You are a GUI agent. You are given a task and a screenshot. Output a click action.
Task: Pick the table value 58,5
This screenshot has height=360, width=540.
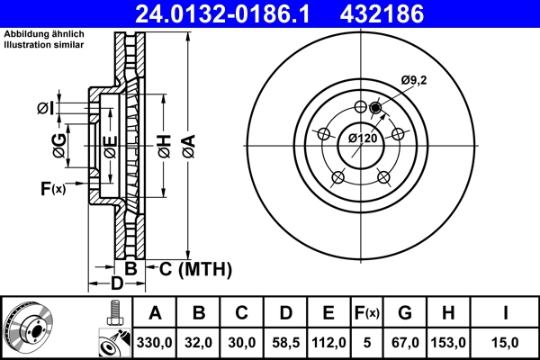point(285,341)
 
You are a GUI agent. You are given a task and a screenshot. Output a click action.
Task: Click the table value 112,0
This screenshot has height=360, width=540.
point(328,341)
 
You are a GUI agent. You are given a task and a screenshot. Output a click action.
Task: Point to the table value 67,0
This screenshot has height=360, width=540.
point(405,341)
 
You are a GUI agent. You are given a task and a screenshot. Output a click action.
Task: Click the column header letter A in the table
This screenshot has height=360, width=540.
point(156,313)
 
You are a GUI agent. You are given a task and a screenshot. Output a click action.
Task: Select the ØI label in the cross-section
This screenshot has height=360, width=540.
point(45,109)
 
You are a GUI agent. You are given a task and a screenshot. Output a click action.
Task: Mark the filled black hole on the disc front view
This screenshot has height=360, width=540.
point(375,109)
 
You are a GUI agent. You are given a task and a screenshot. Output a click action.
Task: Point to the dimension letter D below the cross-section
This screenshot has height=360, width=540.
point(116,284)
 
